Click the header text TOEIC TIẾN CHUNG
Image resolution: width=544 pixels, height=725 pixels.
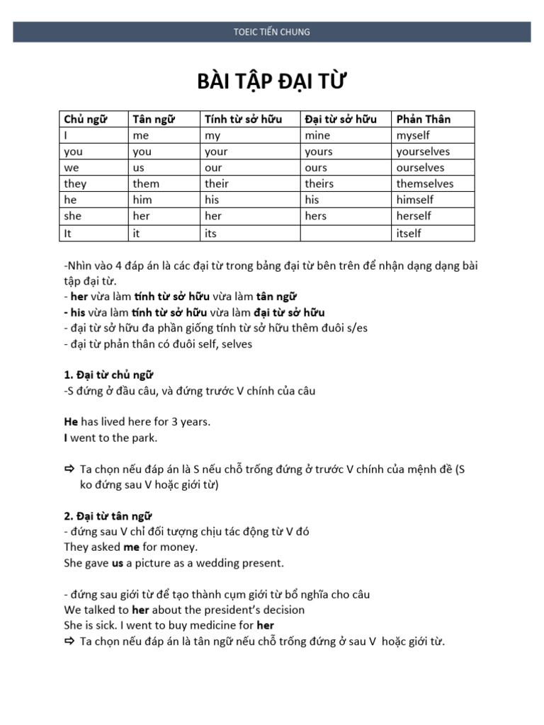pos(272,32)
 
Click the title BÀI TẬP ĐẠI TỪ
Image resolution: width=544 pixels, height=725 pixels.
pos(272,82)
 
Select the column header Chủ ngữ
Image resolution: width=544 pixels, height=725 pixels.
pos(85,119)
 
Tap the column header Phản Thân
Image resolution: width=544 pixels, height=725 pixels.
pos(424,119)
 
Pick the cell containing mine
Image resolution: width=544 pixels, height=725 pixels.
pos(317,135)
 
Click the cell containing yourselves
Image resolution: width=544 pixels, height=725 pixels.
pos(423,152)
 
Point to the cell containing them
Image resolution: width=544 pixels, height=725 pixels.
pos(146,184)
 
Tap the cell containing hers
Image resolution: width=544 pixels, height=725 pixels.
pos(316,216)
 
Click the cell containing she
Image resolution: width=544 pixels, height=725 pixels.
pos(73,216)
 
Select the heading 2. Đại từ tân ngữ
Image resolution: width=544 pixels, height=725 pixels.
pos(108,515)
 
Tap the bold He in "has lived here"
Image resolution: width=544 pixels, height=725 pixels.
pos(71,422)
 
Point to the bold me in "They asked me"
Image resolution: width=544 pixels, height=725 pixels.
pos(132,547)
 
